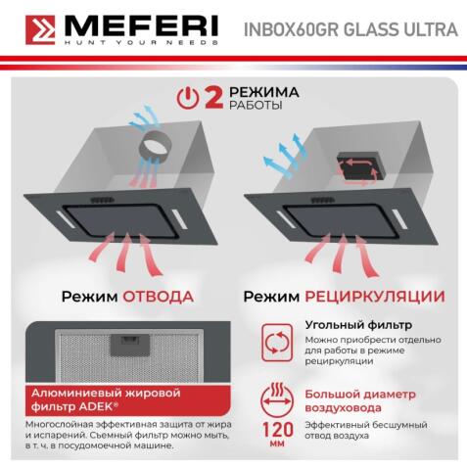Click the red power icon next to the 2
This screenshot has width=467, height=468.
(x=190, y=99)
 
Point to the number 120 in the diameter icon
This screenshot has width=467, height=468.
(x=278, y=428)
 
